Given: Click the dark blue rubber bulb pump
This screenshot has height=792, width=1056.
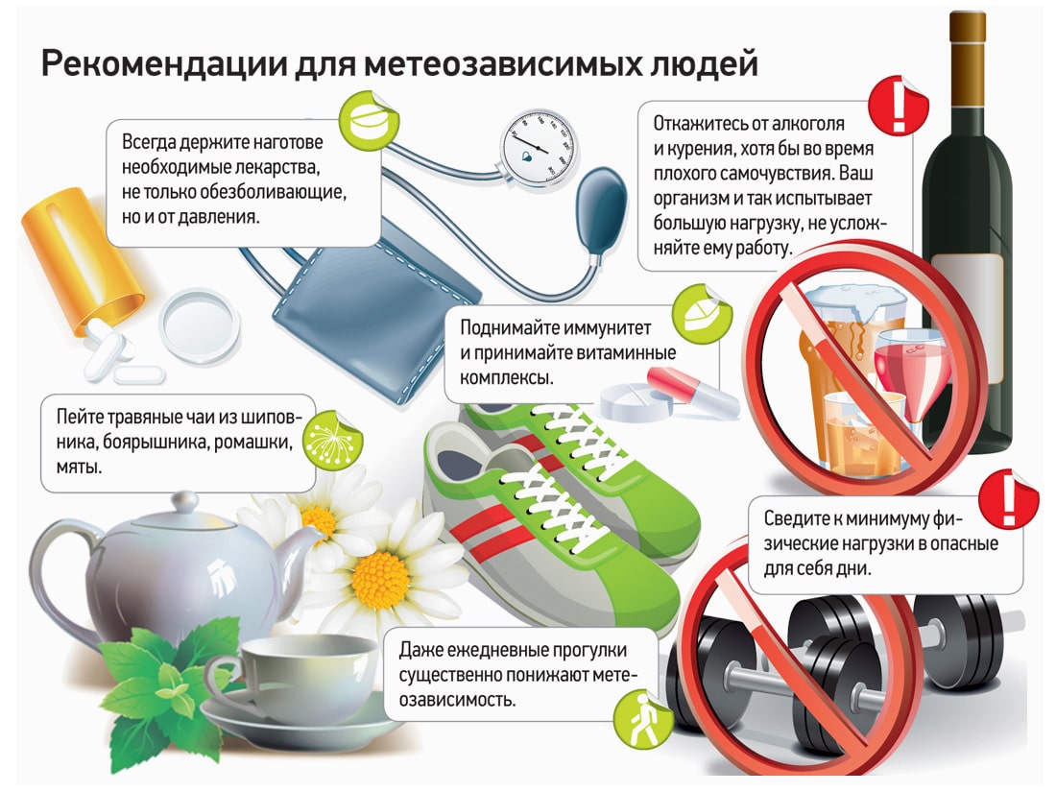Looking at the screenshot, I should pyautogui.click(x=600, y=216).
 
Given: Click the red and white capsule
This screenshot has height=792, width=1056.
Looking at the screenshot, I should pyautogui.click(x=678, y=385).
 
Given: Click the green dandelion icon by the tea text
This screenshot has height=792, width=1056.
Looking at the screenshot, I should pyautogui.click(x=332, y=438).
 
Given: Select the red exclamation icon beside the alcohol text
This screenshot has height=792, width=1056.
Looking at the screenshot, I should pyautogui.click(x=897, y=107).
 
